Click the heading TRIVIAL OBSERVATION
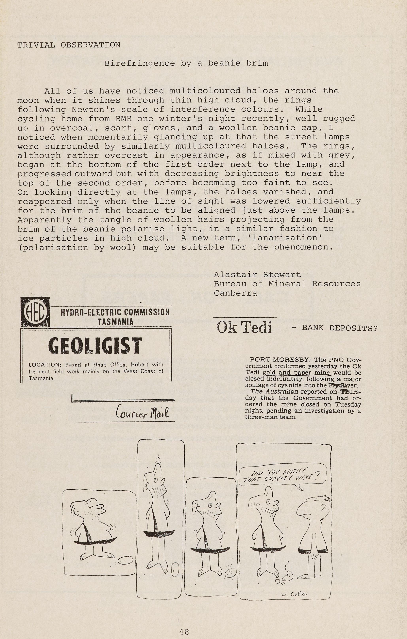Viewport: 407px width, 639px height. pos(69,45)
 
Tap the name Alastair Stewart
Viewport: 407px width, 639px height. pos(257,274)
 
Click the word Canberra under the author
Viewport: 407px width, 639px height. pos(235,293)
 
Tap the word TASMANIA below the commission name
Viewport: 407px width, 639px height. pos(115,322)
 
